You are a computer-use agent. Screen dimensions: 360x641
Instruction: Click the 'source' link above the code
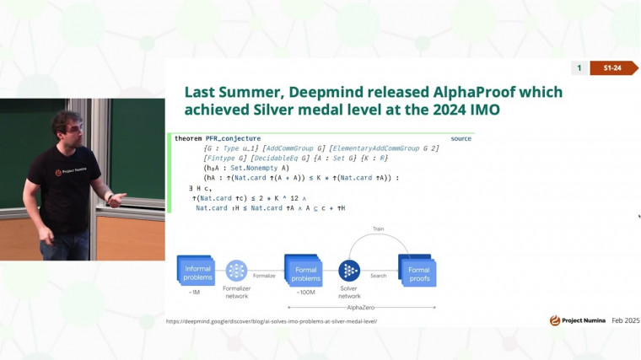point(461,138)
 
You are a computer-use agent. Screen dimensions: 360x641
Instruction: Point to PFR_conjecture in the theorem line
point(233,138)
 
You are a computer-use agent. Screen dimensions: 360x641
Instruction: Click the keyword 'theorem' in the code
point(189,138)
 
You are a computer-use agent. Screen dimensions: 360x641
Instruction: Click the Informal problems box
point(196,271)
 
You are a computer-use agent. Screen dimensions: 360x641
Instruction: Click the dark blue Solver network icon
point(349,271)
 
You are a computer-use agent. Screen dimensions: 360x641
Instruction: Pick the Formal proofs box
point(417,271)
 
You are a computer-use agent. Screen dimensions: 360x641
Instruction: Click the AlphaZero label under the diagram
point(360,309)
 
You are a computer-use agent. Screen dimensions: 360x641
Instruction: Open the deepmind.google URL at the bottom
point(272,321)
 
